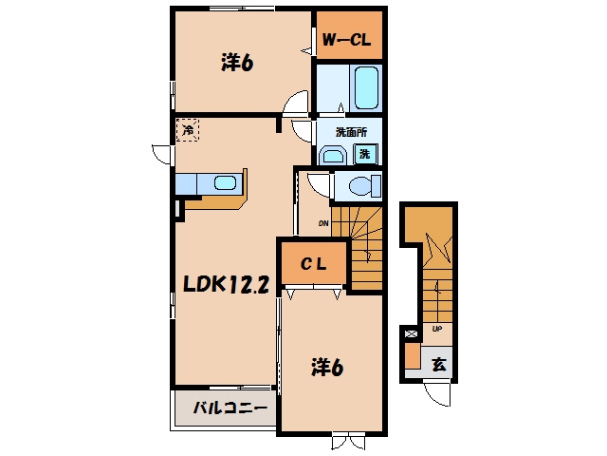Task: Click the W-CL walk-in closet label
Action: tap(346, 39)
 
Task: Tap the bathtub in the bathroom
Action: tap(366, 88)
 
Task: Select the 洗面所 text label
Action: tap(351, 132)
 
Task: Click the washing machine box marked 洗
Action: tap(364, 154)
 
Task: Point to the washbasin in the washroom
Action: tap(332, 156)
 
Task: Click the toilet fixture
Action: tap(364, 186)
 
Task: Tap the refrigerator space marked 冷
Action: tap(188, 129)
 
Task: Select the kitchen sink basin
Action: tap(225, 182)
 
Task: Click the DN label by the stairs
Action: tap(323, 223)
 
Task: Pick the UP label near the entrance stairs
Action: tap(436, 330)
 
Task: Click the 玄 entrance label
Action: tap(439, 365)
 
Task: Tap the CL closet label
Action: tap(314, 264)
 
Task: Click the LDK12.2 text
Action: tap(226, 285)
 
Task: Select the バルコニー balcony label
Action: tap(230, 408)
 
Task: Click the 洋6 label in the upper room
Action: tap(237, 62)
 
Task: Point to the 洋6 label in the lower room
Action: tap(327, 367)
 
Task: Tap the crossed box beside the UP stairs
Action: tap(411, 333)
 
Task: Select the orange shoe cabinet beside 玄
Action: tap(413, 356)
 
